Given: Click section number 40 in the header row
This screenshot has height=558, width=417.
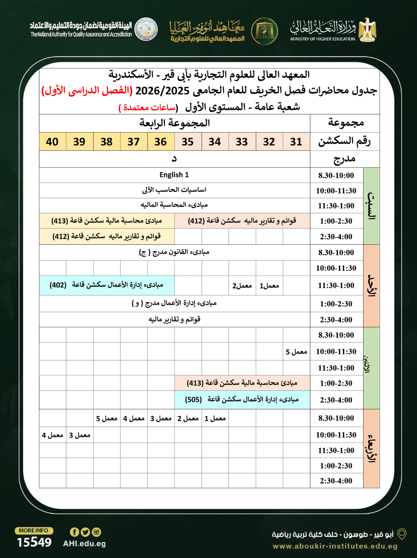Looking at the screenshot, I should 52,142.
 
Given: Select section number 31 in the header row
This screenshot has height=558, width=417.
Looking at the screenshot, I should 296,142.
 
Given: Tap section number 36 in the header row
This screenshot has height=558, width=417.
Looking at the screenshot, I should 160,142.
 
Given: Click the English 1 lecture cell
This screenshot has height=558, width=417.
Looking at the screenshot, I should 174,175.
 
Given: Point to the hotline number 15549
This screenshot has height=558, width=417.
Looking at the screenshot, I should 34,542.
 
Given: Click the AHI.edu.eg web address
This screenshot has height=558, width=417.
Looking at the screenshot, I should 85,544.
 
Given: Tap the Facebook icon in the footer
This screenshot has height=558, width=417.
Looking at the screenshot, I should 75,532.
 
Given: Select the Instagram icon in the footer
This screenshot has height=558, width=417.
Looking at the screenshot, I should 96,532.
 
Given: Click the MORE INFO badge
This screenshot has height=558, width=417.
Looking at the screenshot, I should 34,531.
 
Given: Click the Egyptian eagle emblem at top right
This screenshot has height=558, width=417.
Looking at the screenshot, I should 367,30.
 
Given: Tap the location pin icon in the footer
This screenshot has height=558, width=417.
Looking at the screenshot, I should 402,534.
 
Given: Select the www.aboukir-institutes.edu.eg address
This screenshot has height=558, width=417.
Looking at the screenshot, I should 335,546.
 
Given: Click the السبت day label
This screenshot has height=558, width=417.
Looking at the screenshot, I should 371,206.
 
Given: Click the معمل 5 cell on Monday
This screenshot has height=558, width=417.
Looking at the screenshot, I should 296,352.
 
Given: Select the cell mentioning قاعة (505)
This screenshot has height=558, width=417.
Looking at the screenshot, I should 242,399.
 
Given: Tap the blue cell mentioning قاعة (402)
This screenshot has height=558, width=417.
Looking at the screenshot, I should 107,285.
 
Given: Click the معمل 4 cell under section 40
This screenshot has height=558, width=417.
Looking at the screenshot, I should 53,435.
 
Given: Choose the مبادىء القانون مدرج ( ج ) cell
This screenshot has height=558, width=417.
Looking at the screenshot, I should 174,252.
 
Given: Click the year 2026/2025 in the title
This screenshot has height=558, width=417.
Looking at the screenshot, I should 162,91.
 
